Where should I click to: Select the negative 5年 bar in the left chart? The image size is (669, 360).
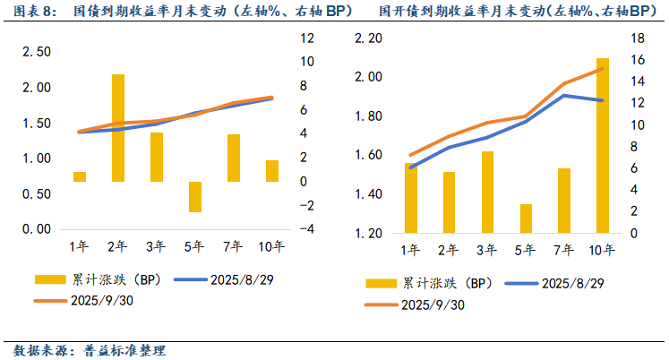tap(194, 197)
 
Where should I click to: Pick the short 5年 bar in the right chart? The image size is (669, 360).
tap(526, 219)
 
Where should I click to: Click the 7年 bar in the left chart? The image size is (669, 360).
tap(233, 158)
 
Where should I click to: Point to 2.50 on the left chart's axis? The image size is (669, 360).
tap(37, 52)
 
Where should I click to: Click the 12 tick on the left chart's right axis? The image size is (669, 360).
tap(306, 39)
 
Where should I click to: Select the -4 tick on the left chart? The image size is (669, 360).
tap(306, 229)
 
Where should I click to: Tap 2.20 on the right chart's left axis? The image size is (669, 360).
tap(369, 39)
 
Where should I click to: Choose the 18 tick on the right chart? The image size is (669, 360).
tap(638, 39)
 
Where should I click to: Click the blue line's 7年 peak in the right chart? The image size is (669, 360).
tap(563, 95)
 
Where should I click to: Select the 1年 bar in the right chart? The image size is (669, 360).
tap(411, 198)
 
